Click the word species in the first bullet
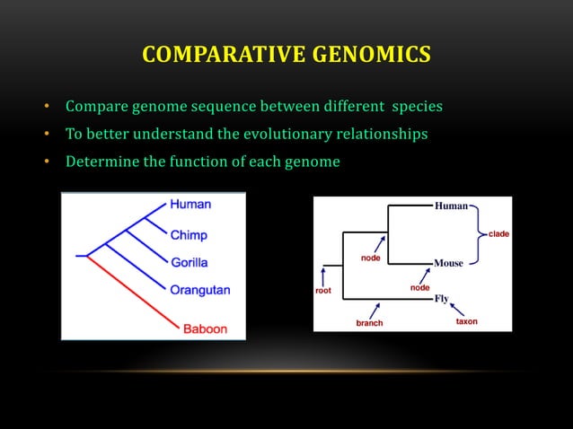pyautogui.click(x=414, y=108)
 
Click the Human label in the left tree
pyautogui.click(x=190, y=205)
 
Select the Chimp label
pyautogui.click(x=189, y=235)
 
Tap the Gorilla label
pyautogui.click(x=190, y=263)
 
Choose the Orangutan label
pyautogui.click(x=200, y=290)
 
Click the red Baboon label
pyautogui.click(x=206, y=328)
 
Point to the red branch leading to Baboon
pyautogui.click(x=135, y=291)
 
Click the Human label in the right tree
pyautogui.click(x=451, y=206)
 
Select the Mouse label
pyautogui.click(x=449, y=263)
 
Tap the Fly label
pyautogui.click(x=441, y=299)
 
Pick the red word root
pyautogui.click(x=322, y=291)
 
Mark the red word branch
pyautogui.click(x=369, y=322)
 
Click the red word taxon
pyautogui.click(x=466, y=321)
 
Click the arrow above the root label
pyautogui.click(x=322, y=275)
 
